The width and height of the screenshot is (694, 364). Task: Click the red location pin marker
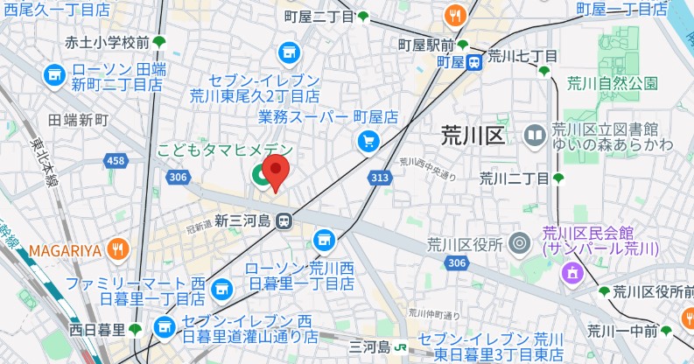(276, 171)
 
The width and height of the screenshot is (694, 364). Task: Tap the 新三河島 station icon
(284, 222)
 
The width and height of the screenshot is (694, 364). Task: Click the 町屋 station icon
(473, 62)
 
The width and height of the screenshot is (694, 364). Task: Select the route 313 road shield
(379, 178)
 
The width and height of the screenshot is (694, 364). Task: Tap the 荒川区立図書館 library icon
(535, 136)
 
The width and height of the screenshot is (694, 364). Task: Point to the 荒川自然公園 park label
(612, 84)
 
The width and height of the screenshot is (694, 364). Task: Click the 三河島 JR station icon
(400, 346)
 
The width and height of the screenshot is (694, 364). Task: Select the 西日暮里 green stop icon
(135, 330)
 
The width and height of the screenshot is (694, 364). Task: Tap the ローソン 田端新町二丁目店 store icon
(55, 76)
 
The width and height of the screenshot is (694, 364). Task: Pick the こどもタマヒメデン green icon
(262, 175)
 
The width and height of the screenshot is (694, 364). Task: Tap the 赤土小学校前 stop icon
(159, 41)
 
